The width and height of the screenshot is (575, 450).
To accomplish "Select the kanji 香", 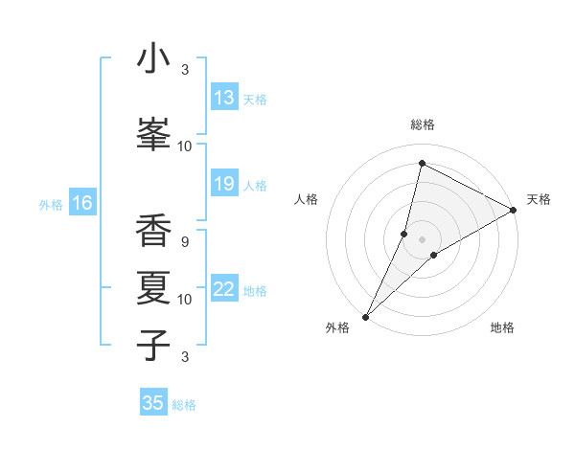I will pyautogui.click(x=153, y=229).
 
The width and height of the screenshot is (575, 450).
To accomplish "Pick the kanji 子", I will pyautogui.click(x=153, y=344).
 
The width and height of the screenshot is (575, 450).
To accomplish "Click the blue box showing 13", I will pyautogui.click(x=224, y=98).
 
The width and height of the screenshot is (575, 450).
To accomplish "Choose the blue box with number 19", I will pyautogui.click(x=224, y=184).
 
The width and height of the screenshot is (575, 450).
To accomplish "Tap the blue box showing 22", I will pyautogui.click(x=224, y=290).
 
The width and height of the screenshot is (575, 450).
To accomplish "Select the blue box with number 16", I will pyautogui.click(x=81, y=203).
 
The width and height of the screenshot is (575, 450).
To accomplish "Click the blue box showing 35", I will pyautogui.click(x=153, y=403).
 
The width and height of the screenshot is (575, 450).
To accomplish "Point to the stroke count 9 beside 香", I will pyautogui.click(x=184, y=241).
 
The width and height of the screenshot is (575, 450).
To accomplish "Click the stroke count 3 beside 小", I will pyautogui.click(x=184, y=70).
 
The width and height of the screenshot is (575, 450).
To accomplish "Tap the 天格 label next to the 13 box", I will pyautogui.click(x=255, y=99).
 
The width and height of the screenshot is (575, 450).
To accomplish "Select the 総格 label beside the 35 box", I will pyautogui.click(x=184, y=404).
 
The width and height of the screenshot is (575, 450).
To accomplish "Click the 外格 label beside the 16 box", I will pyautogui.click(x=50, y=204).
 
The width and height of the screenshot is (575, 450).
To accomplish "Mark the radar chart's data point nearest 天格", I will pyautogui.click(x=513, y=210).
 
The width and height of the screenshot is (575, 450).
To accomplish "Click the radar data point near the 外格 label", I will pyautogui.click(x=365, y=316).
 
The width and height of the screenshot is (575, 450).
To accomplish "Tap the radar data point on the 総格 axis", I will pyautogui.click(x=422, y=164).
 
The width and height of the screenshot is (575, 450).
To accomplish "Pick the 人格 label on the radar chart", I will pyautogui.click(x=306, y=199).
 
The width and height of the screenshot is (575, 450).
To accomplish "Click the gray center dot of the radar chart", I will pyautogui.click(x=422, y=238).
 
